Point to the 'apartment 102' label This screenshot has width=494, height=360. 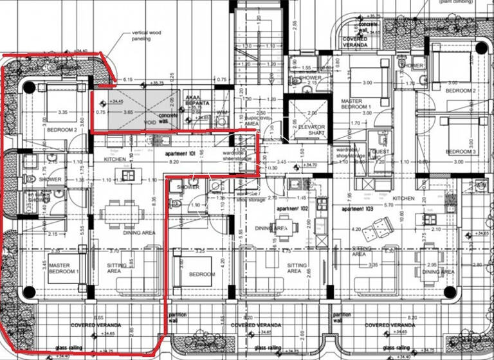point(291,210)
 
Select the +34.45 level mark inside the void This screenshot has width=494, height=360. point(116,102)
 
